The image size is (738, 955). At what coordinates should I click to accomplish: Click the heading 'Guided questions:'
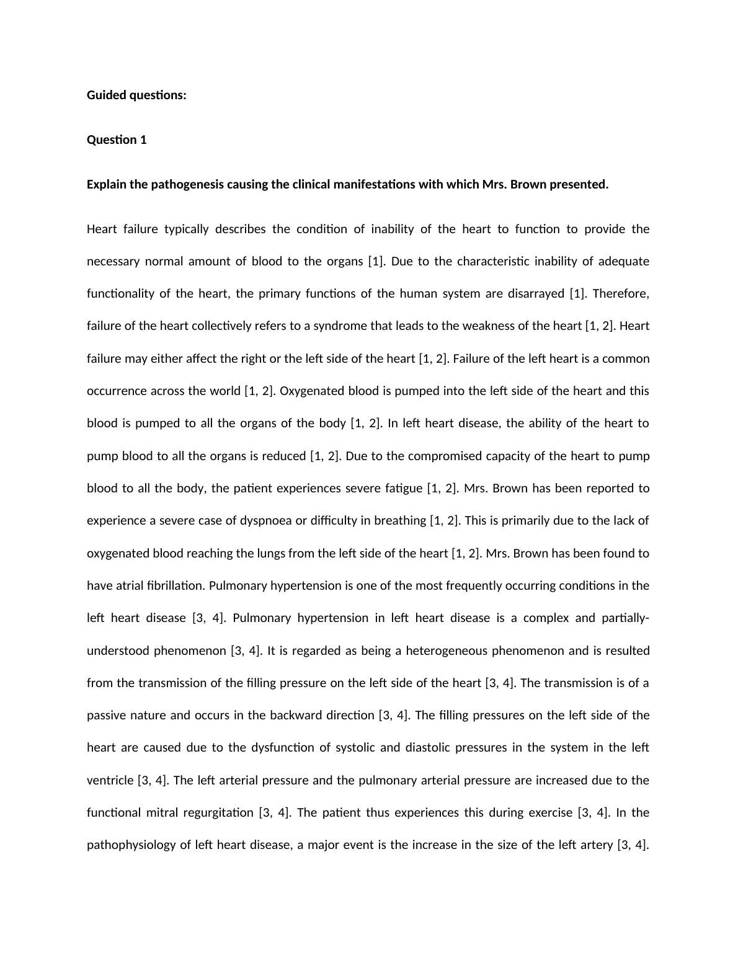click(x=136, y=95)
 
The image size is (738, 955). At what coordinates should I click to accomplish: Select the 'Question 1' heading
click(x=117, y=140)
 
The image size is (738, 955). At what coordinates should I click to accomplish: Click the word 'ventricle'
click(x=110, y=781)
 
